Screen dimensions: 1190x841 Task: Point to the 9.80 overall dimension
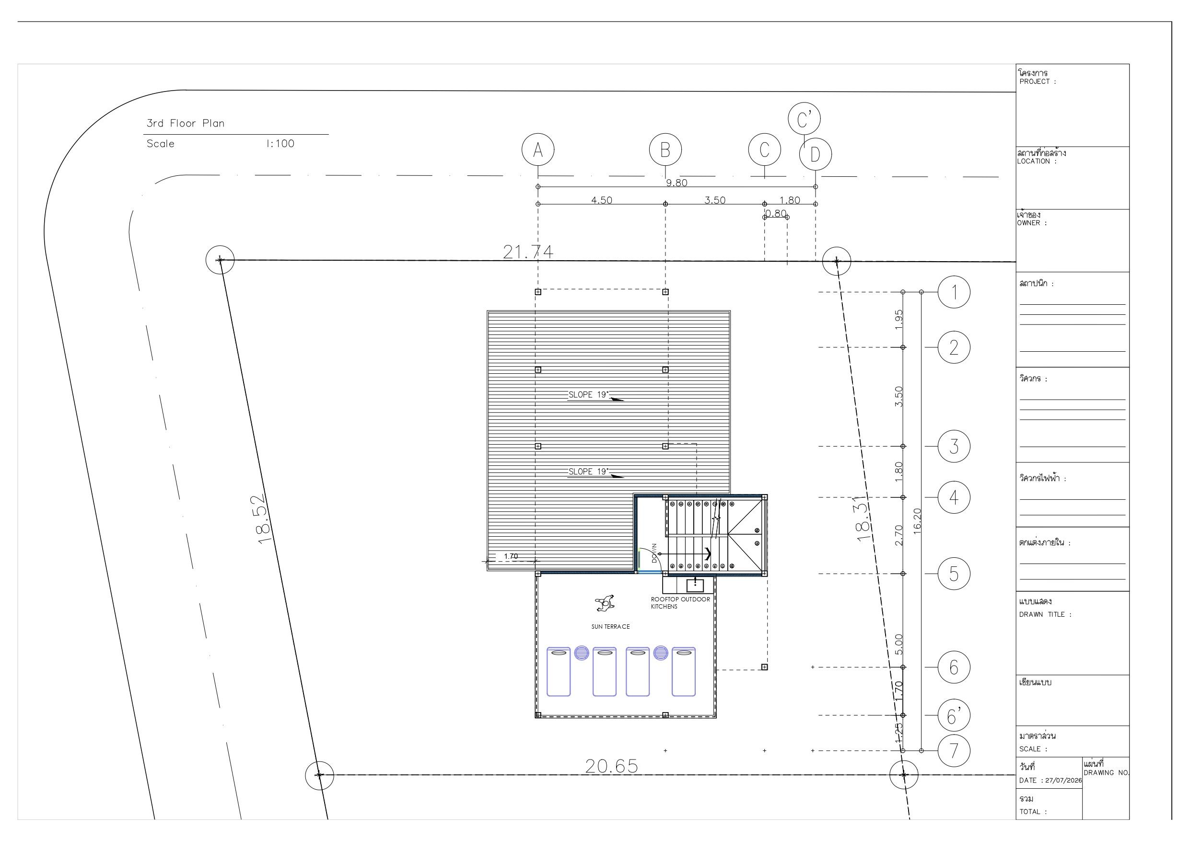[677, 183]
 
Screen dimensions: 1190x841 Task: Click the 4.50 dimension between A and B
[602, 200]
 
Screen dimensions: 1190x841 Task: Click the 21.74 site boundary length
[528, 252]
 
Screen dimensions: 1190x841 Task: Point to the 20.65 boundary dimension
[612, 766]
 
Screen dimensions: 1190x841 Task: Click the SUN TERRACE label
[610, 627]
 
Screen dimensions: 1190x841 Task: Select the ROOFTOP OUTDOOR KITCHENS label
[680, 603]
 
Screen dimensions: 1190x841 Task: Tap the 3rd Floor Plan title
[186, 123]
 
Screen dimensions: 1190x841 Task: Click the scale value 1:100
[280, 144]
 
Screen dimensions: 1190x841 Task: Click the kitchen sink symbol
[695, 585]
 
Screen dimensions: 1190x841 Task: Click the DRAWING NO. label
[1106, 772]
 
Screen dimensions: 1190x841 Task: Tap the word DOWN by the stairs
[654, 553]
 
